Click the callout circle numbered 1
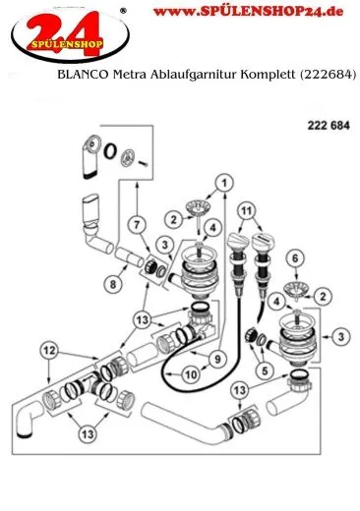point(224,184)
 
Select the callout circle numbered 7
point(137,224)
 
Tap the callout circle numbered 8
point(113,284)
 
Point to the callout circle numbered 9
point(218,360)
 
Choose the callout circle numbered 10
point(191,374)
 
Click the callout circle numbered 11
point(247,211)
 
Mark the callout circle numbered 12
point(49,351)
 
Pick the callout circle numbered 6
point(295,258)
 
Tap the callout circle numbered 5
point(265,370)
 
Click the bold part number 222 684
point(329,126)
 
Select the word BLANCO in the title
point(83,75)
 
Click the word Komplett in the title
point(268,75)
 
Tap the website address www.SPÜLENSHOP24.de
point(248,12)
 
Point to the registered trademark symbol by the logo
point(123,11)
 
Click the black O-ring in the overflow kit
point(110,151)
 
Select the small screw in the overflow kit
point(144,162)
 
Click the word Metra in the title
point(130,75)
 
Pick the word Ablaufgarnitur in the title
point(194,75)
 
